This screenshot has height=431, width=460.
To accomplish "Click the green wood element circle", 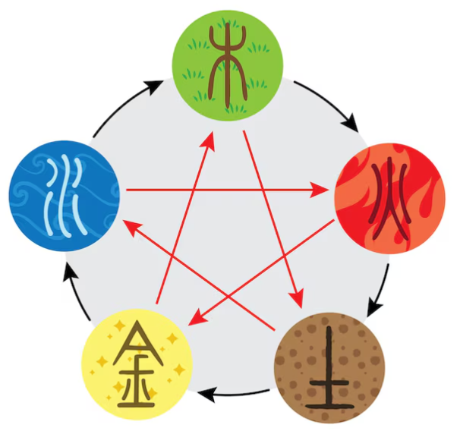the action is click(x=228, y=66).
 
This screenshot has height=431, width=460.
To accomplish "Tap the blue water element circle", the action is click(x=65, y=196).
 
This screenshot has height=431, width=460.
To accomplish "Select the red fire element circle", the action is click(x=390, y=199).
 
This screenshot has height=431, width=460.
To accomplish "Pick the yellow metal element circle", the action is click(x=137, y=363).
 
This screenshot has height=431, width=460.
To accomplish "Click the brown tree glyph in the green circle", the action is click(x=228, y=65).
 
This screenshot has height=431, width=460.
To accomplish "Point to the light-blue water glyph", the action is click(x=65, y=197).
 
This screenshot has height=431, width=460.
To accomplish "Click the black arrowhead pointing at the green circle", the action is click(x=154, y=86).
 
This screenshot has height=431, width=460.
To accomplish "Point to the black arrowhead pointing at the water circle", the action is click(x=70, y=272).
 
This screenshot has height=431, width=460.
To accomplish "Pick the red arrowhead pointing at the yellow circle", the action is click(x=197, y=317).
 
